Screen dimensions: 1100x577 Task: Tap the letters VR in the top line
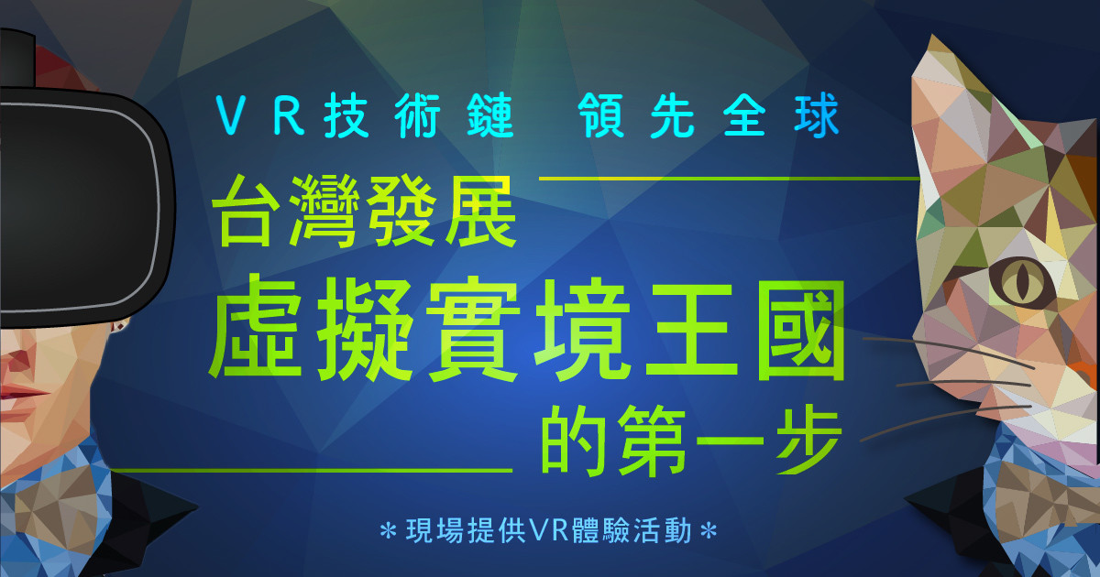260,117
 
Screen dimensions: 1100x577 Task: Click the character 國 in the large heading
801,331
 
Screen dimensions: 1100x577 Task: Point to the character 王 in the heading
691,331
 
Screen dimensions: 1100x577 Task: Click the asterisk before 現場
389,531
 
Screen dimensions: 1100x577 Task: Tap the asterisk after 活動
708,531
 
